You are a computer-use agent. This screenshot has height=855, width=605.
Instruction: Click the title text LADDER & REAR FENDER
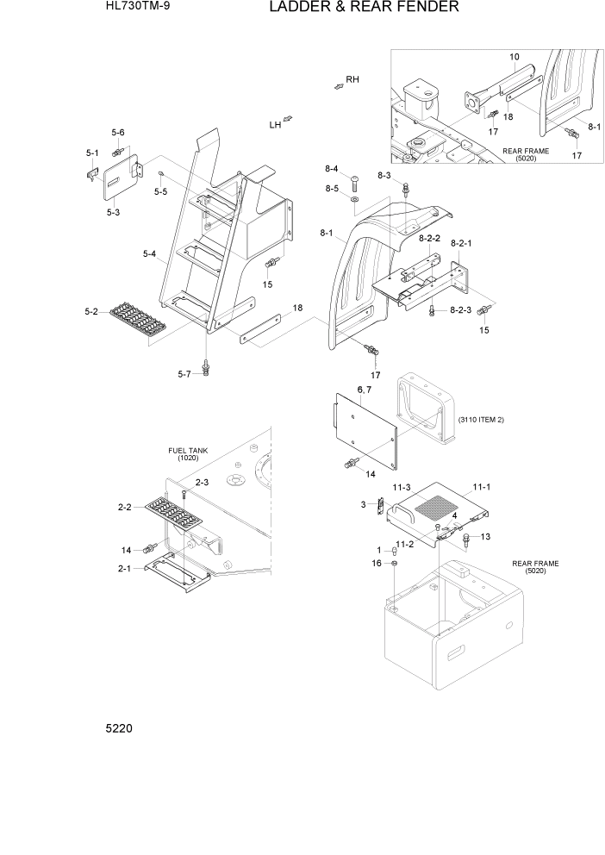[364, 8]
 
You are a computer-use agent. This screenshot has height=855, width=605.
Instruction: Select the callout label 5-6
[118, 132]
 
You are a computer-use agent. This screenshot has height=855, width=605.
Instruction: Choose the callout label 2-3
[202, 483]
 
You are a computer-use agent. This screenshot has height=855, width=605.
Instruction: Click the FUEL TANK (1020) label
[188, 454]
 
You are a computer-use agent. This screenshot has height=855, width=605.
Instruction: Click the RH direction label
[352, 79]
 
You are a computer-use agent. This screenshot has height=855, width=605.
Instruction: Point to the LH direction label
[275, 125]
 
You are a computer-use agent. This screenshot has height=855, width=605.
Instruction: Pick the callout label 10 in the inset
[514, 57]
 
